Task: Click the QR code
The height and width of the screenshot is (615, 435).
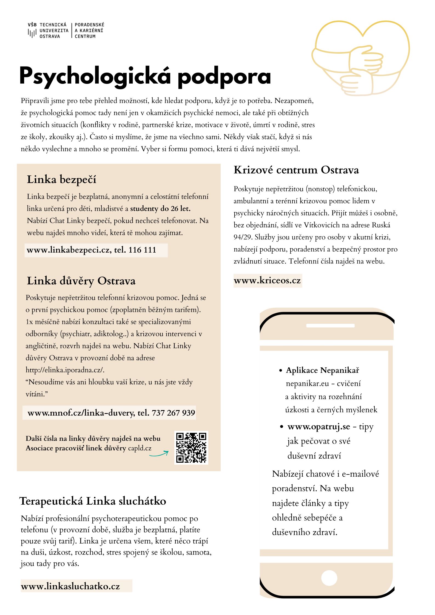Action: coord(191,448)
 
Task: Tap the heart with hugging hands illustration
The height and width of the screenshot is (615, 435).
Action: coord(360,58)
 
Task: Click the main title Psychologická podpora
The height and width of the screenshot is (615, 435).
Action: coord(145,76)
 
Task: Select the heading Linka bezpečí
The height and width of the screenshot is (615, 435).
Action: coord(61,179)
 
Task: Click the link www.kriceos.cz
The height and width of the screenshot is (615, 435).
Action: coord(267,281)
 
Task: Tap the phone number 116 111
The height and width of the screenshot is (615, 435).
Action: coord(142,250)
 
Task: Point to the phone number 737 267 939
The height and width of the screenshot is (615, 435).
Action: coord(173,413)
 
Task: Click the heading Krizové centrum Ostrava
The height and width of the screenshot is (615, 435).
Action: coord(296,170)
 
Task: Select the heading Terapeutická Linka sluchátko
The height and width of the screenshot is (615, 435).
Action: coord(93,501)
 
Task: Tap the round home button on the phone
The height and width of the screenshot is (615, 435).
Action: coord(329,577)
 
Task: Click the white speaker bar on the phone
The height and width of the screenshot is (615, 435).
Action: coord(330,326)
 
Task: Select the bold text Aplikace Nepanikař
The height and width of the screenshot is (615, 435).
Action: coord(322,370)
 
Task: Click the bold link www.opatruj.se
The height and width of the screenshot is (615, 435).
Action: coord(319,427)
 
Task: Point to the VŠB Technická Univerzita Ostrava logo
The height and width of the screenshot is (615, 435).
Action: coord(48,30)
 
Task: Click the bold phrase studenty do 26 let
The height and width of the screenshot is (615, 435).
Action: coord(160,208)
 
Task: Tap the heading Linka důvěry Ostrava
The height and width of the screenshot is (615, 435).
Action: coord(81,281)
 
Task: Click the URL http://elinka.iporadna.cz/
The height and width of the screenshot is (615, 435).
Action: coord(65,370)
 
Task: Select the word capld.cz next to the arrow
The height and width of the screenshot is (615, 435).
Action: coord(140,448)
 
